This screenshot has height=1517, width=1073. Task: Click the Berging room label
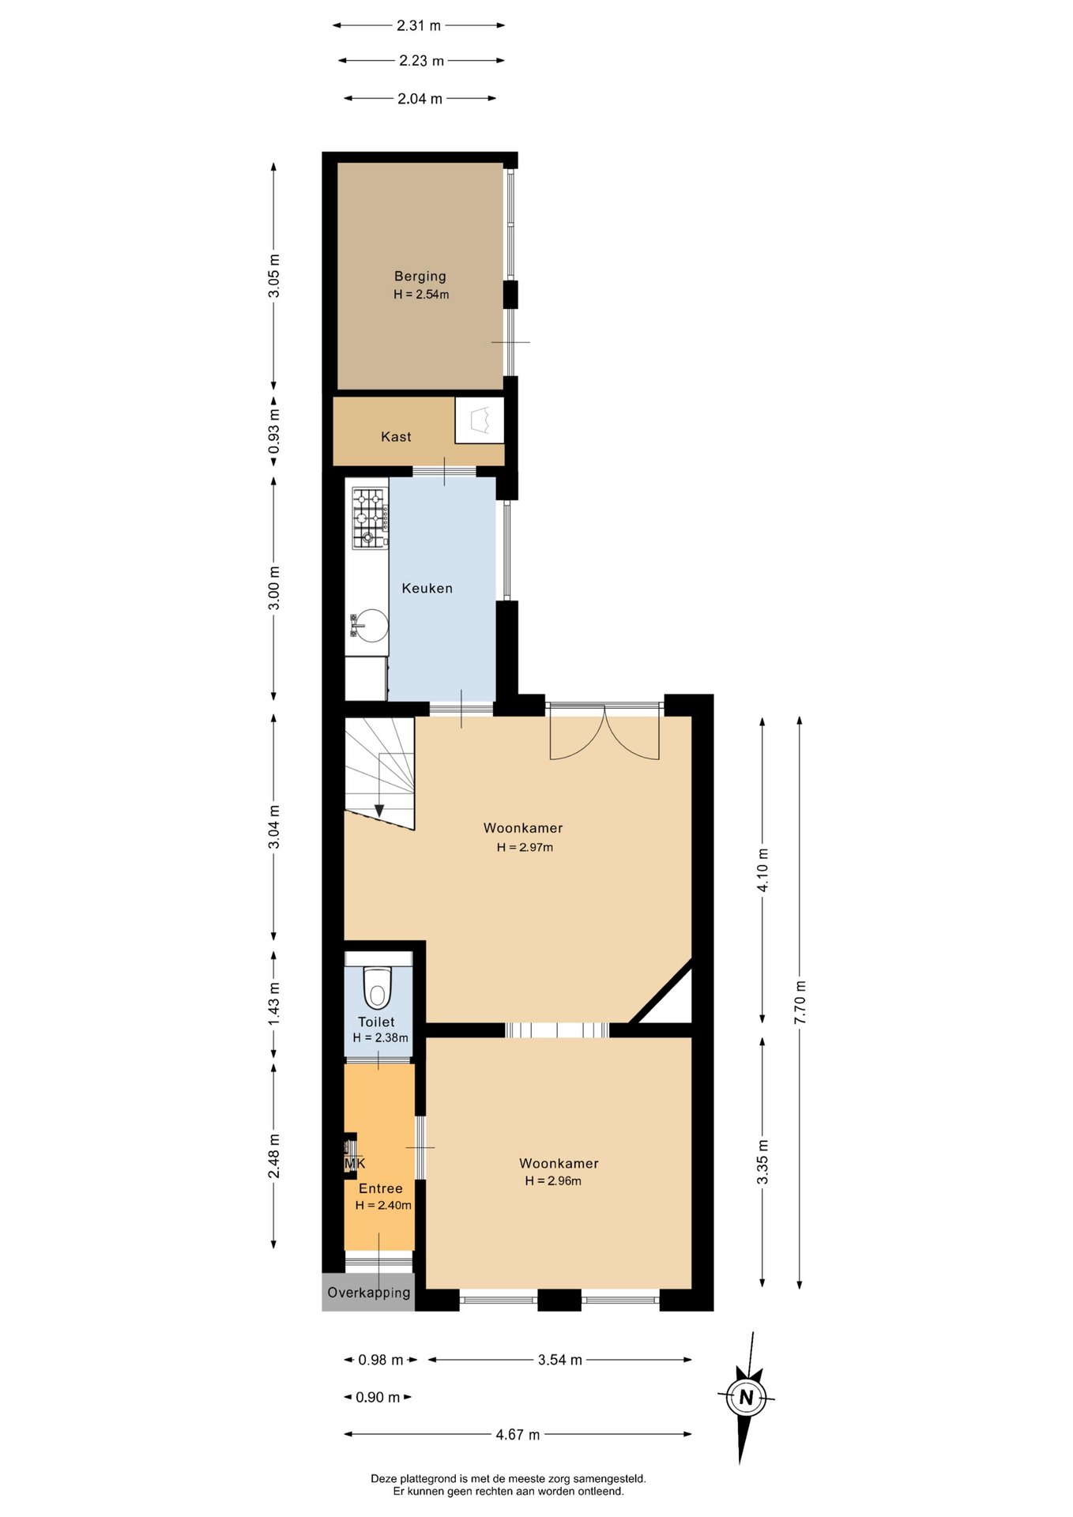click(x=420, y=277)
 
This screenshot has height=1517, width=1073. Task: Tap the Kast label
click(x=396, y=437)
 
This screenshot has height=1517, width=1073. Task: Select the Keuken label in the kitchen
click(x=427, y=589)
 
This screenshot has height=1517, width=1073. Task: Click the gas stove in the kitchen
click(x=370, y=518)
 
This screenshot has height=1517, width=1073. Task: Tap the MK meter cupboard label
click(x=355, y=1164)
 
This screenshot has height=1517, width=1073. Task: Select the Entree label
click(x=381, y=1188)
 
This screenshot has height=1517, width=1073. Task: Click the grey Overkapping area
click(x=368, y=1292)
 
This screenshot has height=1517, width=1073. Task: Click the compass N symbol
click(x=746, y=1397)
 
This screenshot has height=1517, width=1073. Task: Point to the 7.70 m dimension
click(x=800, y=1003)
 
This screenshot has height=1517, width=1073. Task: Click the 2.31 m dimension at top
click(x=419, y=25)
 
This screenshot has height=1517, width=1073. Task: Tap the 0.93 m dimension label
click(x=274, y=434)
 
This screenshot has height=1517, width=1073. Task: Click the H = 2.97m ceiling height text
click(x=525, y=848)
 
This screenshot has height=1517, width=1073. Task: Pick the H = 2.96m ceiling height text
click(x=553, y=1181)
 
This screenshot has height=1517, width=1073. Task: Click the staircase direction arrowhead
click(x=379, y=811)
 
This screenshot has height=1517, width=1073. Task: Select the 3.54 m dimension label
click(x=560, y=1360)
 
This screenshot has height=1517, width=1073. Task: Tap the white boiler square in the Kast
click(x=480, y=420)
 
